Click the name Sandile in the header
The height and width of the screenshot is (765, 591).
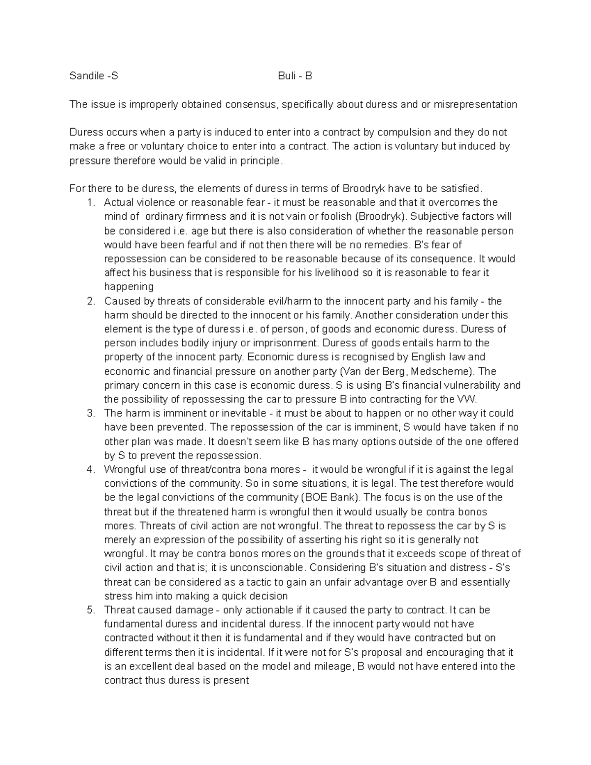86,76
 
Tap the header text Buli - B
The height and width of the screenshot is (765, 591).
295,76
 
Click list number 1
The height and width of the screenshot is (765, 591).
90,202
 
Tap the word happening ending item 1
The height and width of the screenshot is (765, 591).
129,287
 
